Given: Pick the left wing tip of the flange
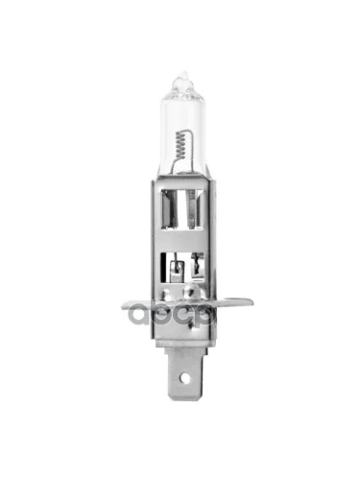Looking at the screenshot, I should pyautogui.click(x=126, y=307).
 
